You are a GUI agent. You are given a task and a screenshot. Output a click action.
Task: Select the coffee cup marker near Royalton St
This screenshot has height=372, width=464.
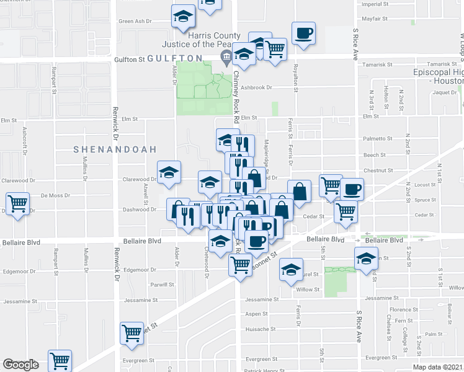(303, 33)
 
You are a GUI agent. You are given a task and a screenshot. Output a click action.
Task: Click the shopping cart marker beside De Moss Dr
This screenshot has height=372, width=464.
(17, 203)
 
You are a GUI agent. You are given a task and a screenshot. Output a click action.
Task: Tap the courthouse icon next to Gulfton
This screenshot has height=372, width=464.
(225, 58)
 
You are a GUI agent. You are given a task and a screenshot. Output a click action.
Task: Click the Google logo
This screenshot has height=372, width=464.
(20, 364)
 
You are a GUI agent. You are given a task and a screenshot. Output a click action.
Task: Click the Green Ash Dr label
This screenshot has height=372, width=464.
(135, 21)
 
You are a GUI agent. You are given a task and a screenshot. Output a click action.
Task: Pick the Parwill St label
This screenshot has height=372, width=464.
(162, 285)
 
